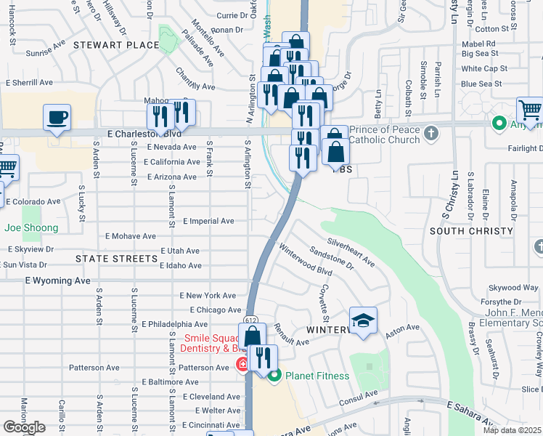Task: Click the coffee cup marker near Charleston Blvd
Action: click(57, 117)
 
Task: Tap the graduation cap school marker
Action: click(363, 320)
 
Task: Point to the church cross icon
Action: click(431, 132)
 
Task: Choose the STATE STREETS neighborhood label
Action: click(117, 259)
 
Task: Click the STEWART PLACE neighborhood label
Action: click(121, 45)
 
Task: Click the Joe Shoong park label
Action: click(30, 227)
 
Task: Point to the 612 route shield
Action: click(251, 319)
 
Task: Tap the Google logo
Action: click(24, 427)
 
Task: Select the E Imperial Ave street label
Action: click(208, 221)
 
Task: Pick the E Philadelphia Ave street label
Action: click(175, 324)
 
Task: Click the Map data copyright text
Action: click(512, 430)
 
